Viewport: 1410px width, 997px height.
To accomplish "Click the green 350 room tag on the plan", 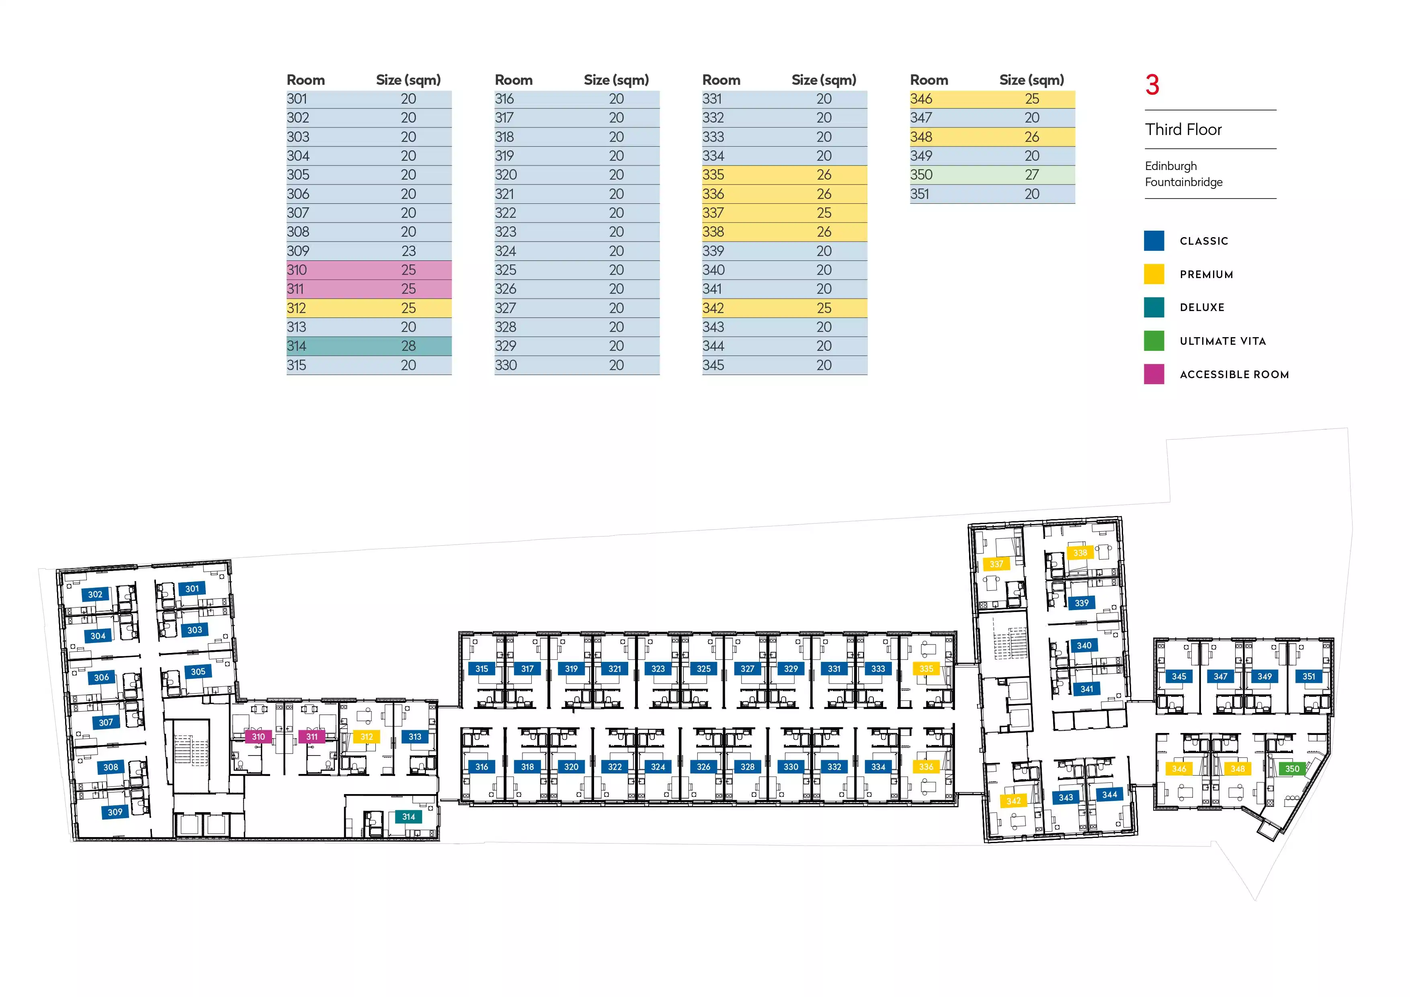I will point(1292,769).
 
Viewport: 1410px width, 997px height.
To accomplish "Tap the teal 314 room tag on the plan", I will point(408,817).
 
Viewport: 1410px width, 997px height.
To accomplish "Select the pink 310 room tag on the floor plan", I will point(258,737).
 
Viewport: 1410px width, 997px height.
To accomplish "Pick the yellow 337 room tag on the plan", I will point(996,563).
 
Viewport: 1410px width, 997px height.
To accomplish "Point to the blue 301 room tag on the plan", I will point(192,589).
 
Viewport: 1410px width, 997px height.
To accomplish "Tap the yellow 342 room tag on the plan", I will point(1013,800).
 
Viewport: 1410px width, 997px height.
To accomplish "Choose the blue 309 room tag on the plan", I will point(115,812).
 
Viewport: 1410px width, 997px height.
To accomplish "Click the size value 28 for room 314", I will point(408,346).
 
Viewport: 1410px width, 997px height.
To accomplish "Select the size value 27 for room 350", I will point(1032,175).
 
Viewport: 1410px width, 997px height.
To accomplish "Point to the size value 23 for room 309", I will point(408,251).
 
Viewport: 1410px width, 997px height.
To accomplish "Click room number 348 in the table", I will point(921,137).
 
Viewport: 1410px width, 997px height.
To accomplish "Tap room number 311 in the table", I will point(295,289).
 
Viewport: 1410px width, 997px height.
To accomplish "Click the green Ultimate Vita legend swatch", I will point(1154,341).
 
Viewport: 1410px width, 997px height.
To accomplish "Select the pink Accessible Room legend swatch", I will point(1154,374).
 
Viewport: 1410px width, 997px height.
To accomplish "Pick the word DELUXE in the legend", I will point(1202,307).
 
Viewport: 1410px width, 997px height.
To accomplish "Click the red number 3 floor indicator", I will point(1152,85).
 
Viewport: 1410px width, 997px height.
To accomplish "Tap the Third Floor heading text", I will point(1183,129).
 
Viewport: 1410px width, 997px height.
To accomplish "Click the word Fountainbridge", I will point(1183,182).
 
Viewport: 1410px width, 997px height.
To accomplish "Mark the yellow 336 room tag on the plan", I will point(926,767).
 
